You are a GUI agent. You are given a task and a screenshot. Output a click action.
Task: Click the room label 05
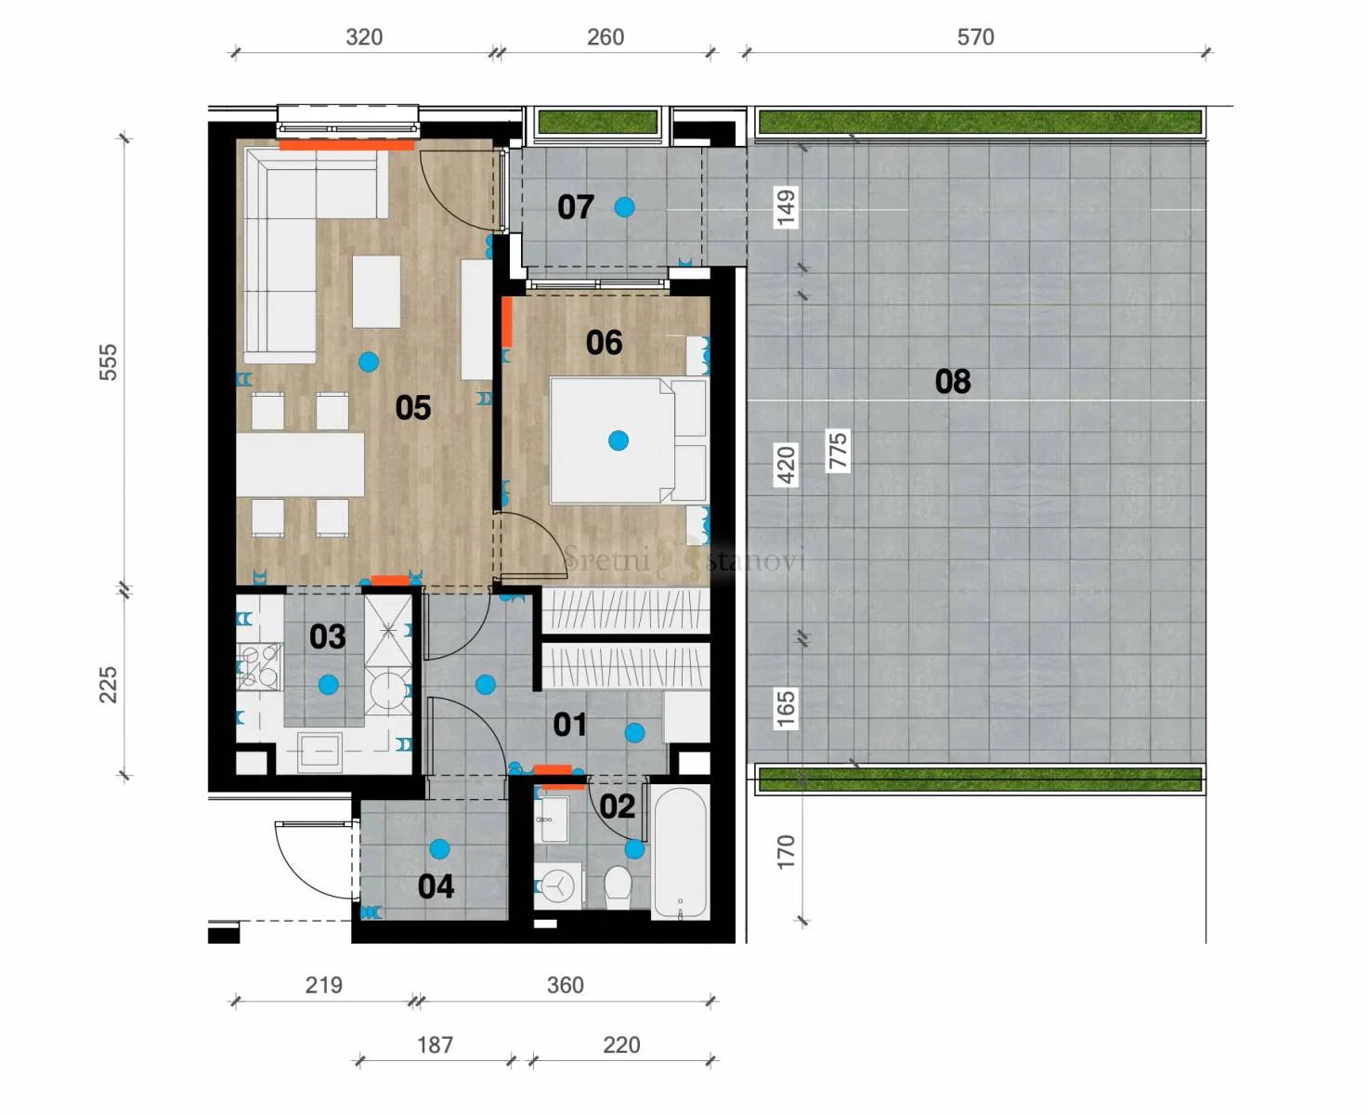pyautogui.click(x=413, y=408)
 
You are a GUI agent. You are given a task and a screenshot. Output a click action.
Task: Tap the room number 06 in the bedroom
pyautogui.click(x=604, y=343)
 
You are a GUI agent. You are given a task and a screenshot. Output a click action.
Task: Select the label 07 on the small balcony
pyautogui.click(x=576, y=207)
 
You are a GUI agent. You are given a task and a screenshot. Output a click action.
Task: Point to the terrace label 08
pyautogui.click(x=953, y=381)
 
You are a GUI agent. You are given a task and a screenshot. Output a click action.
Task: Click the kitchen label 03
pyautogui.click(x=328, y=636)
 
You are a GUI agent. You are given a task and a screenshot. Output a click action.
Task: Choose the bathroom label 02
pyautogui.click(x=618, y=807)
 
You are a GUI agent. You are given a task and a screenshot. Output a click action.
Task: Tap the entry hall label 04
pyautogui.click(x=436, y=886)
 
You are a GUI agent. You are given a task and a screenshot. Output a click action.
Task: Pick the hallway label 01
pyautogui.click(x=569, y=725)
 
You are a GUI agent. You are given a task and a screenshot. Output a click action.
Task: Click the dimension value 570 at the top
pyautogui.click(x=975, y=36)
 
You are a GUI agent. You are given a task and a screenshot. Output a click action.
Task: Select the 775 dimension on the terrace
pyautogui.click(x=838, y=451)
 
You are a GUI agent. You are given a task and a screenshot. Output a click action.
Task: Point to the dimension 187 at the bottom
pyautogui.click(x=435, y=1045)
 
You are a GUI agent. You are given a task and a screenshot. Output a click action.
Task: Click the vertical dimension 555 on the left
pyautogui.click(x=108, y=361)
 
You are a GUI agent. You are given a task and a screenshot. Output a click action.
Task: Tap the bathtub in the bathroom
pyautogui.click(x=680, y=853)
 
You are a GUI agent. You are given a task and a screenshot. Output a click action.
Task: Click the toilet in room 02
pyautogui.click(x=618, y=886)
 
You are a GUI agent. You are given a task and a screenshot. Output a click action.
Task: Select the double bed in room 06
pyautogui.click(x=628, y=440)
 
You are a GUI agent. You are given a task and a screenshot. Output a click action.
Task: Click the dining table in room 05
pyautogui.click(x=300, y=464)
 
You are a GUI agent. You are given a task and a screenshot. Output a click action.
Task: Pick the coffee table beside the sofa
pyautogui.click(x=376, y=292)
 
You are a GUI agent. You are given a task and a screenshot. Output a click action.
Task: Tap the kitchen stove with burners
pyautogui.click(x=259, y=666)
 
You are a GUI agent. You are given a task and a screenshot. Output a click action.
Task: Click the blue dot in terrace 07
pyautogui.click(x=624, y=207)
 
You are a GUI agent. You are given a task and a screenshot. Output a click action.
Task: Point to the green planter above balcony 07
pyautogui.click(x=597, y=122)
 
